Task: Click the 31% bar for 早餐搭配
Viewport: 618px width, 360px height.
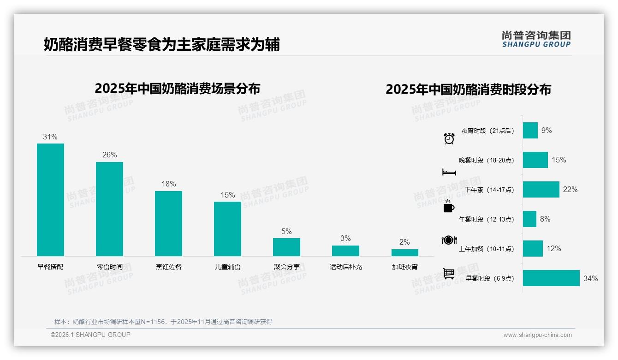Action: [x=50, y=199]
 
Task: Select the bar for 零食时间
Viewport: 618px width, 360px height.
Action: [x=109, y=209]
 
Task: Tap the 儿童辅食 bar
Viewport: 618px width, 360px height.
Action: [x=227, y=228]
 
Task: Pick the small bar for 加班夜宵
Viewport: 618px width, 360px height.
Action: [x=404, y=252]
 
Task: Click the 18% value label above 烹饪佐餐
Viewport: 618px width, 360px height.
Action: [x=168, y=184]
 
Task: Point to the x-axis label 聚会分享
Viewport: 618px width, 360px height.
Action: [x=286, y=267]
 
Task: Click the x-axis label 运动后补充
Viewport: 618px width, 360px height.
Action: [x=345, y=267]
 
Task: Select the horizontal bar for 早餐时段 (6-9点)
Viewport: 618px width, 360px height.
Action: [x=551, y=278]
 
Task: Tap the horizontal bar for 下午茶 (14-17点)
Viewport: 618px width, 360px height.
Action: [x=541, y=189]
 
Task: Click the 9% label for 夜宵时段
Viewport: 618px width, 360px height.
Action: [x=547, y=131]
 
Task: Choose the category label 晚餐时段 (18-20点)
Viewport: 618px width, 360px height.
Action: [x=486, y=160]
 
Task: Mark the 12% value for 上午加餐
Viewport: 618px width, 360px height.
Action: [x=553, y=249]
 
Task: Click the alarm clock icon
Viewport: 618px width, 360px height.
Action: [x=449, y=138]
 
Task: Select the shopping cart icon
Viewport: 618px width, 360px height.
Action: [x=449, y=274]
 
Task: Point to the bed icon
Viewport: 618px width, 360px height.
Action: [x=449, y=172]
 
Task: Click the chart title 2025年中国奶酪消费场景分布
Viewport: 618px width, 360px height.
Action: [x=178, y=89]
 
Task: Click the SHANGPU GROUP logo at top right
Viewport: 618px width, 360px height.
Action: [x=536, y=39]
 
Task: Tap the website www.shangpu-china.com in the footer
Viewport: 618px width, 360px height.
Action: [x=537, y=335]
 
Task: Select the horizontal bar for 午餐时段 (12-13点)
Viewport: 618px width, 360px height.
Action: [x=529, y=219]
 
